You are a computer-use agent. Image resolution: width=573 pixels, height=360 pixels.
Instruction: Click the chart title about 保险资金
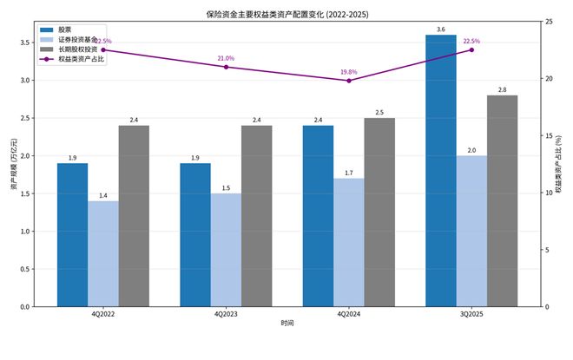(286, 13)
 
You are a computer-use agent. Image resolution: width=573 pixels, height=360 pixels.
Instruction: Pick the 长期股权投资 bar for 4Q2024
(379, 212)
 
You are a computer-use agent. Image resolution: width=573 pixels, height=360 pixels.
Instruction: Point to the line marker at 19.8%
(349, 81)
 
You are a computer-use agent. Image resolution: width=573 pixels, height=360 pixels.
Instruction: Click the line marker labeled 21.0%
(226, 67)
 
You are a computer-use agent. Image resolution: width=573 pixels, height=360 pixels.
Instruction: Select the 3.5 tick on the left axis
(24, 43)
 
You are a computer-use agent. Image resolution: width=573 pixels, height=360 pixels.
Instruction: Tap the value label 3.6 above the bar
(441, 29)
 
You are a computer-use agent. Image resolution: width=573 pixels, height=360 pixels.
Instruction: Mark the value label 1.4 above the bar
(103, 195)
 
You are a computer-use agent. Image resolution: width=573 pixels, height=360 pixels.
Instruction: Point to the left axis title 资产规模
(12, 164)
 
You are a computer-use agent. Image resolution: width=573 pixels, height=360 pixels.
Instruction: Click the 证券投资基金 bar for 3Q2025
(471, 231)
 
